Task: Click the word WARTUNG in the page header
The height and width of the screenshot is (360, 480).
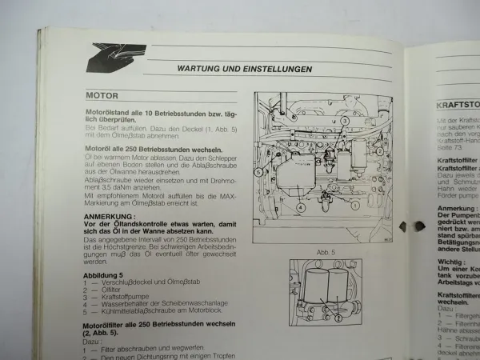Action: click(199, 70)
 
